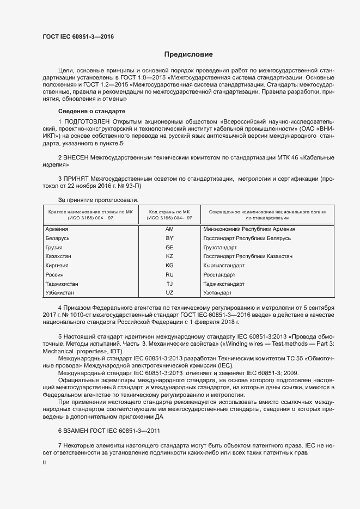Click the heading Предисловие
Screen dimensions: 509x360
[x=188, y=54]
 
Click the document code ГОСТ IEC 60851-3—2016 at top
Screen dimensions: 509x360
[x=78, y=37]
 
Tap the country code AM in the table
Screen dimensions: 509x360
[x=169, y=229]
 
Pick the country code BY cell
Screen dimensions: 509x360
[x=169, y=238]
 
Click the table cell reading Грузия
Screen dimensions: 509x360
[x=54, y=247]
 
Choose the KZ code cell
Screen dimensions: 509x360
[x=169, y=256]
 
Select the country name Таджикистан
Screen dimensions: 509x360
[x=62, y=284]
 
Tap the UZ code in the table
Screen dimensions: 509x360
[x=169, y=293]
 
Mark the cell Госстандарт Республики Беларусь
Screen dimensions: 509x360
[x=247, y=238]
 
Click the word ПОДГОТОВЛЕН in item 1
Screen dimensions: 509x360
[x=87, y=120]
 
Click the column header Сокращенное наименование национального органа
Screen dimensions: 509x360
[x=271, y=211]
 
